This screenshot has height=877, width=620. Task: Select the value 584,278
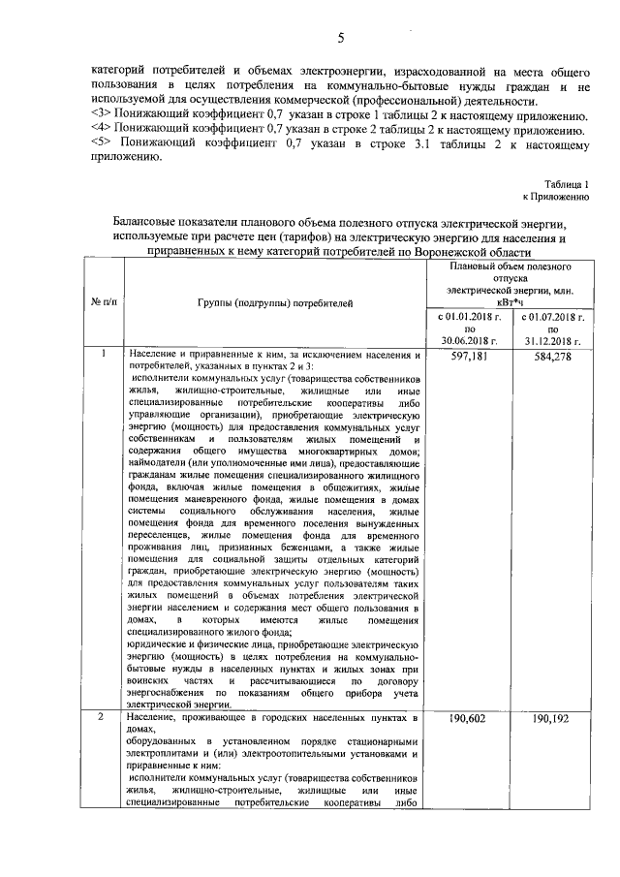[552, 358]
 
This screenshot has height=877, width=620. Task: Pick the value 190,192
[552, 721]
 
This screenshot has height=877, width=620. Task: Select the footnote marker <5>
[97, 144]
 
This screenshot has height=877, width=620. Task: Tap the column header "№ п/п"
[104, 302]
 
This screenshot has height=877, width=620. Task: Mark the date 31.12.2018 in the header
[552, 341]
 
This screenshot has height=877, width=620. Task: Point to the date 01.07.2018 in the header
[559, 316]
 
